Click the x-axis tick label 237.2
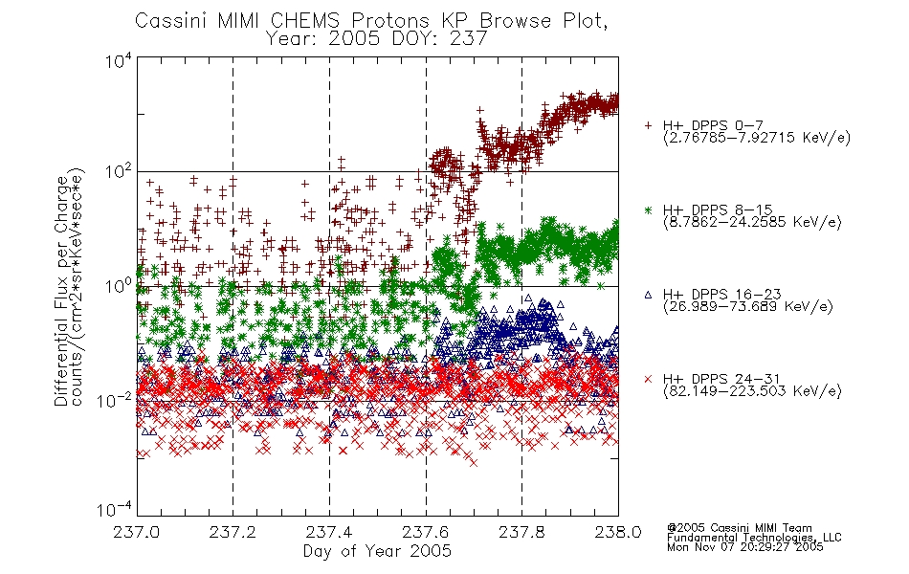[x=233, y=532]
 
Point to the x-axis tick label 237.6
[x=426, y=532]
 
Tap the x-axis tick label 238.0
[x=618, y=532]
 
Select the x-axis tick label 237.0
[x=137, y=532]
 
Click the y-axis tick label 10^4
[x=119, y=61]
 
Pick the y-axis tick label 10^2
[x=119, y=172]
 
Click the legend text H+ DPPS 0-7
[x=713, y=125]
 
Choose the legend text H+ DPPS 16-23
[x=722, y=295]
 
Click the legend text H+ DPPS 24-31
[x=722, y=379]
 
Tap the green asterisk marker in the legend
[x=648, y=210]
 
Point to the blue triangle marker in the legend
[x=648, y=295]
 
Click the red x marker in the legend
[x=648, y=379]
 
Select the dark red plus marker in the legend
[x=648, y=125]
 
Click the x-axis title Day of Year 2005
[x=377, y=551]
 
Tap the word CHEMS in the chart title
[x=305, y=21]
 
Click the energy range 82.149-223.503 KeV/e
[x=752, y=391]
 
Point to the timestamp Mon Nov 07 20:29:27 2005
[x=745, y=547]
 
